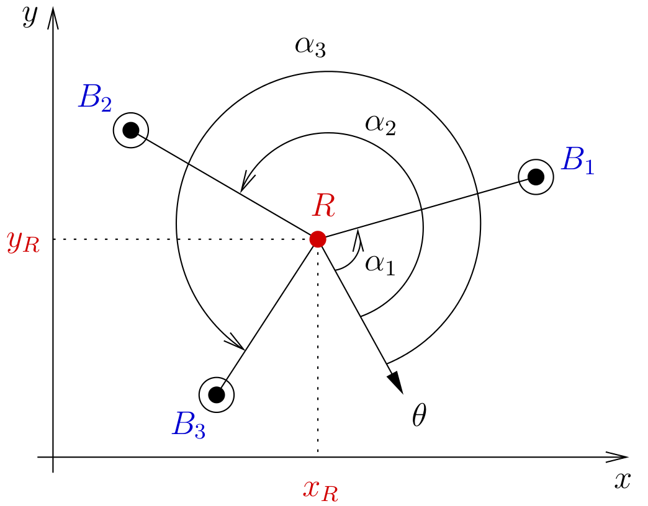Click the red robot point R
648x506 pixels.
pos(318,239)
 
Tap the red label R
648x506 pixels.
pos(324,206)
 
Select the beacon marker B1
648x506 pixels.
pos(536,177)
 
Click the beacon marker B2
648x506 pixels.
pos(130,130)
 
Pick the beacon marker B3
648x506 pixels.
pos(216,394)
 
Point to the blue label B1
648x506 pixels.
pos(577,161)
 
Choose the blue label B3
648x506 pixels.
pos(189,425)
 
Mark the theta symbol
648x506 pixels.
pos(419,417)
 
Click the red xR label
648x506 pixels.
pos(320,489)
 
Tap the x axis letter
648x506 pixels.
pos(623,480)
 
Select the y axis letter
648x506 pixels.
pos(30,17)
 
